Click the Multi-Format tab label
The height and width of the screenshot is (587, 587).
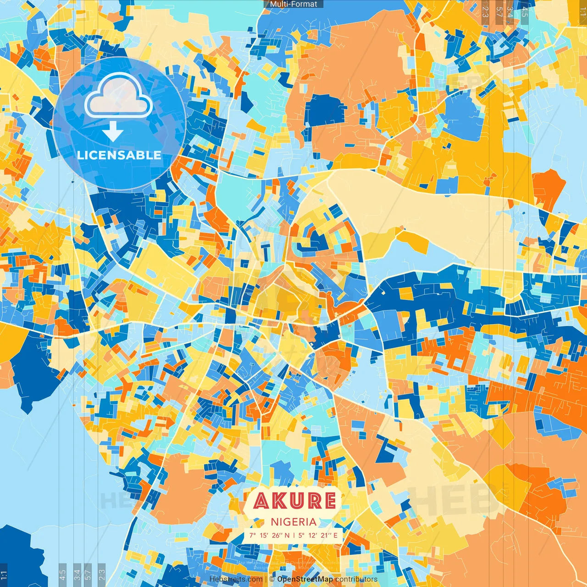point(293,4)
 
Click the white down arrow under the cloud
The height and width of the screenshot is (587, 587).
point(113,132)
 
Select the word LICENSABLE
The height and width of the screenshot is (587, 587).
point(119,155)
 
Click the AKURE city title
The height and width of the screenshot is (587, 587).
point(294,501)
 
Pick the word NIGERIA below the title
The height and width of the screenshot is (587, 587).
point(293,522)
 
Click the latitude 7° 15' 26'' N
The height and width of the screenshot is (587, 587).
point(270,535)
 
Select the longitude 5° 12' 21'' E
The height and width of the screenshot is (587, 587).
point(318,535)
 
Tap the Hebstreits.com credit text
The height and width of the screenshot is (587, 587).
point(236,579)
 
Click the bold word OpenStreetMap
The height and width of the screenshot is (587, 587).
point(305,579)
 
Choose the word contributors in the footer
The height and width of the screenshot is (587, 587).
point(356,579)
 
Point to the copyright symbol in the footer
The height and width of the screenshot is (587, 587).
point(272,579)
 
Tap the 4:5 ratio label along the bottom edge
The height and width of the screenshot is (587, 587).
point(62,575)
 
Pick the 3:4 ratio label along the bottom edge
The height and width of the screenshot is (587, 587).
point(77,575)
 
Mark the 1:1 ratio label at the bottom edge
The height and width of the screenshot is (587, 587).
point(4,575)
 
